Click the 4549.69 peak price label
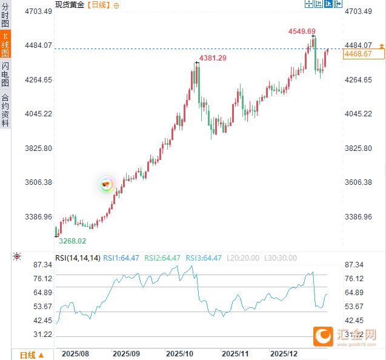(301, 31)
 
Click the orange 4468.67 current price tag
(362, 55)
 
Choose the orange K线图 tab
(5, 44)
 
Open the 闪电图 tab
(5, 74)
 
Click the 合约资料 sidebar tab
(5, 110)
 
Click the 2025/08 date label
(76, 353)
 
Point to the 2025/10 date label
(180, 353)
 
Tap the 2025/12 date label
(284, 353)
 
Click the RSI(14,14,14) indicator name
(78, 258)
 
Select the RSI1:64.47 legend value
(121, 258)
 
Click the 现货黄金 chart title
(70, 5)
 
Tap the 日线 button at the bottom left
(31, 355)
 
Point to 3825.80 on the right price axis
(358, 148)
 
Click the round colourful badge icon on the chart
(107, 184)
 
